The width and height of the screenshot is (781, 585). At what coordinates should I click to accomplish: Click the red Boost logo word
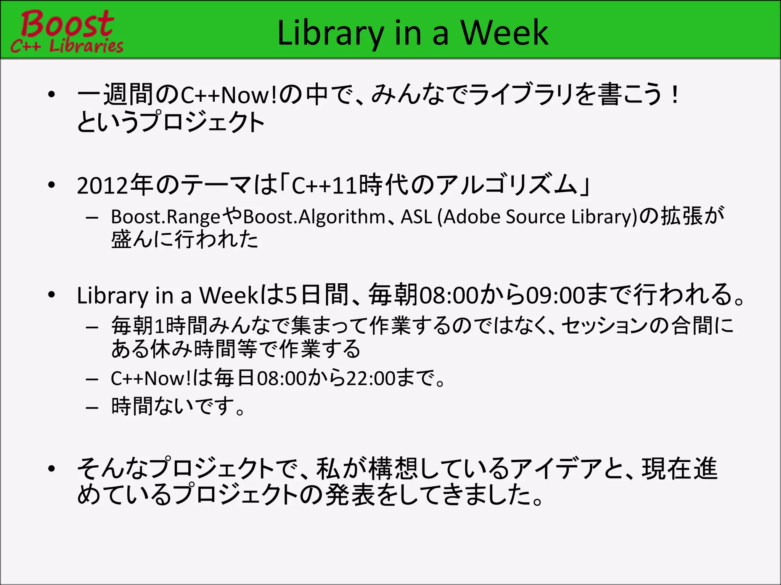(67, 24)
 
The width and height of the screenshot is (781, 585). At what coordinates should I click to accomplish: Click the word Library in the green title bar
(330, 34)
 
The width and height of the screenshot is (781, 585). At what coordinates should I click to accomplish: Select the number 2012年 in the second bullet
(114, 186)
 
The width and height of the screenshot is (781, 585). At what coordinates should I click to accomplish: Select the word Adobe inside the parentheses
(471, 217)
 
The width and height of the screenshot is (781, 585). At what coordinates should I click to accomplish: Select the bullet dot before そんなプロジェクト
(52, 469)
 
